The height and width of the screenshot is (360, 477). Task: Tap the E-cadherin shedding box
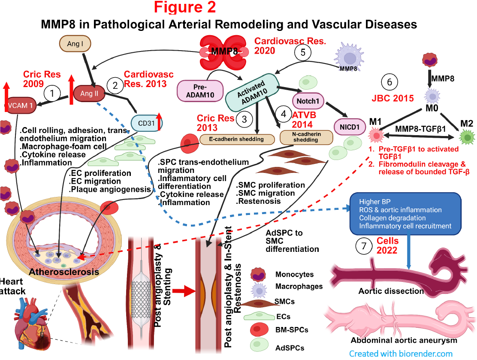click(238, 139)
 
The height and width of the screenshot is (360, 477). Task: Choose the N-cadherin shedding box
click(306, 137)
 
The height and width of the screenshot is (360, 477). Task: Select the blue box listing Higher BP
click(406, 214)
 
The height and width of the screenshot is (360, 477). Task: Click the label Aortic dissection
click(391, 291)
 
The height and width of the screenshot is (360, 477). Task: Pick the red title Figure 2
click(185, 7)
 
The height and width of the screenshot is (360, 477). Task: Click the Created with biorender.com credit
click(400, 354)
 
